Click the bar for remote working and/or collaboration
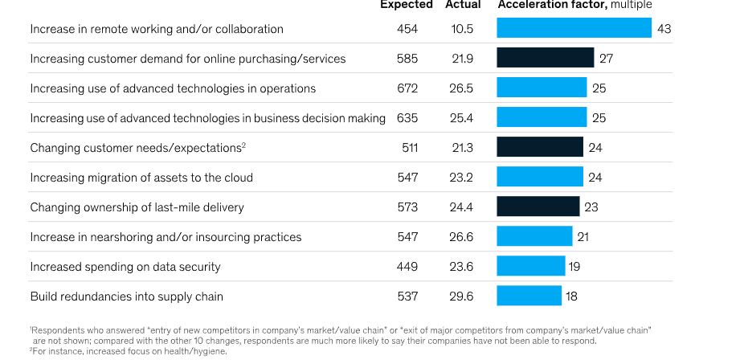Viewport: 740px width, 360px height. coord(574,29)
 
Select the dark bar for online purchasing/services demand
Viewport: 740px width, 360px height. coord(545,59)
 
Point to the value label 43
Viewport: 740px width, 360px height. coord(664,29)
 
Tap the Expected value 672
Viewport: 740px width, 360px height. coord(407,88)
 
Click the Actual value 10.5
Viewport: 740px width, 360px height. coord(462,29)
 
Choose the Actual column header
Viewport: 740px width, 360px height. coord(463,5)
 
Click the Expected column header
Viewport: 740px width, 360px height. coord(406,5)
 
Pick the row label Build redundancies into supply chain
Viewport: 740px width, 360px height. coord(126,297)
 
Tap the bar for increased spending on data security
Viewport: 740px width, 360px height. coord(530,266)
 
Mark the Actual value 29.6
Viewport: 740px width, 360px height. coord(461,297)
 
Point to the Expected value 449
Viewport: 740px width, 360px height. coord(407,267)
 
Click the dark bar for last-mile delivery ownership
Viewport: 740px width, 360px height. coord(538,207)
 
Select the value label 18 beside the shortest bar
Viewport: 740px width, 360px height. coord(571,297)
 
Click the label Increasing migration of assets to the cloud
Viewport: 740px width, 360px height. coord(141,178)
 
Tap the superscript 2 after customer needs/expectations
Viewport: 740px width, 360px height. coord(243,145)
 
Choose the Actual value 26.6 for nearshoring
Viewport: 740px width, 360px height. coord(461,237)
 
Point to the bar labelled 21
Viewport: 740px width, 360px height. coord(534,236)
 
